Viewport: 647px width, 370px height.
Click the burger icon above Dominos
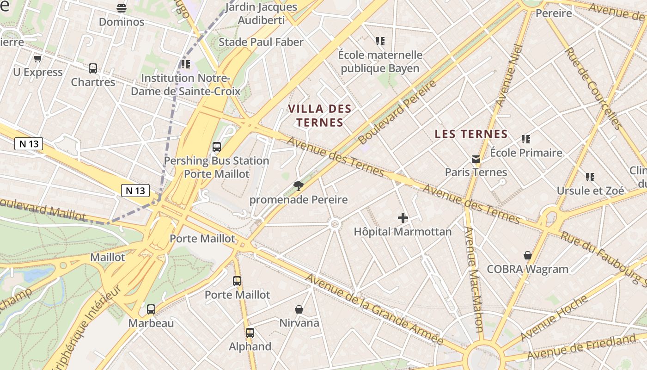click(x=122, y=8)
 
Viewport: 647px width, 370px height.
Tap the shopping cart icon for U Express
click(x=37, y=58)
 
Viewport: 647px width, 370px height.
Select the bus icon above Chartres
click(x=93, y=68)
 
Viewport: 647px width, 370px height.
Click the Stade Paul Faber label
click(x=261, y=42)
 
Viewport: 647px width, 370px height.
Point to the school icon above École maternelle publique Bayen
click(x=380, y=41)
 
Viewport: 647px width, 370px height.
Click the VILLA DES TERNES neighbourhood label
click(x=320, y=116)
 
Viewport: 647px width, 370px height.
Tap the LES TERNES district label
click(x=471, y=134)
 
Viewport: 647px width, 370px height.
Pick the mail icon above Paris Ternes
click(x=476, y=159)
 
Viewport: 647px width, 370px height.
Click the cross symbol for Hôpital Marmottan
click(x=403, y=218)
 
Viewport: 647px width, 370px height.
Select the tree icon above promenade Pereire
click(x=299, y=186)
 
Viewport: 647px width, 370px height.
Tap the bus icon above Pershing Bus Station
click(x=216, y=147)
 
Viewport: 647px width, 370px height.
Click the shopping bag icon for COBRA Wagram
click(x=528, y=255)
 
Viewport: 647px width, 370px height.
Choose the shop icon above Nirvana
click(x=299, y=309)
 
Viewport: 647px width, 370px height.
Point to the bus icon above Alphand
click(x=250, y=333)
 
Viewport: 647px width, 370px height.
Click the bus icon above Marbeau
click(x=151, y=309)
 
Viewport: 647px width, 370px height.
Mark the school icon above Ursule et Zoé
click(x=590, y=177)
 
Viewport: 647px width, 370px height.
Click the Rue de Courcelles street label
click(x=593, y=88)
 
